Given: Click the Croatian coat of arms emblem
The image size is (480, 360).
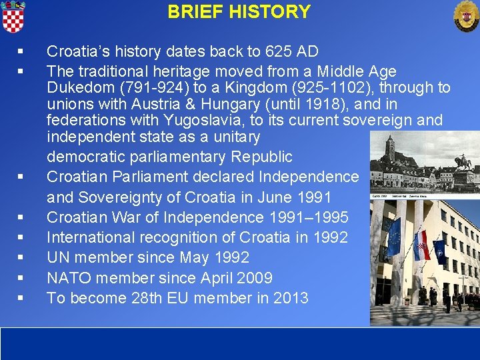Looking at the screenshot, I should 13,16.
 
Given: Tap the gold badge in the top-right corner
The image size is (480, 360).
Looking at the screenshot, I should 465,15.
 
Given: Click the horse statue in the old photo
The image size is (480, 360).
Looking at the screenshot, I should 462,163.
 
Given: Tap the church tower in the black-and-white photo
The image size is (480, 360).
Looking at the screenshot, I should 391,150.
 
